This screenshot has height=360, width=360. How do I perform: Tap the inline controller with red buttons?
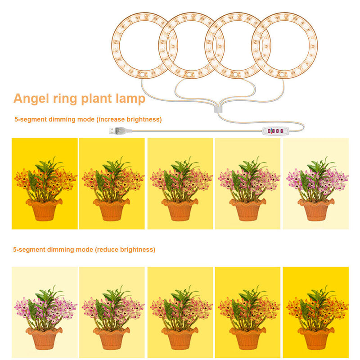(275, 131)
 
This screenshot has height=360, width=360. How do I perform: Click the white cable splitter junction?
(218, 109)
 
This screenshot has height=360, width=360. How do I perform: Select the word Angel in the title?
(31, 99)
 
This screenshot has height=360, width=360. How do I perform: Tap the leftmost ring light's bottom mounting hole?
(142, 74)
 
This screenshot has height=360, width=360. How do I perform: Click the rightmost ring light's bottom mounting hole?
(282, 74)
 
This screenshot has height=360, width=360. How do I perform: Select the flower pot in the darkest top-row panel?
(44, 210)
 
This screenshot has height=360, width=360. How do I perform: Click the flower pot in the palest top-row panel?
(316, 210)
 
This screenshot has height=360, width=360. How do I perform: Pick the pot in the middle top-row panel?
(180, 210)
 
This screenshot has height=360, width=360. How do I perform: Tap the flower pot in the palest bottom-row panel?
(44, 339)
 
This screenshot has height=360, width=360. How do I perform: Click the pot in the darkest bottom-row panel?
(316, 339)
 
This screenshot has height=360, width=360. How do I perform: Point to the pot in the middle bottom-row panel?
(180, 339)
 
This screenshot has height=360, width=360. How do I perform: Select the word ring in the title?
(65, 99)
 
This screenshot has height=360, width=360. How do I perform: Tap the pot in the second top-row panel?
(112, 210)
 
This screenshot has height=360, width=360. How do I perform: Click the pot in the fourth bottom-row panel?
(248, 339)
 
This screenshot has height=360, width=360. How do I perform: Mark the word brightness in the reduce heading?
(137, 250)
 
